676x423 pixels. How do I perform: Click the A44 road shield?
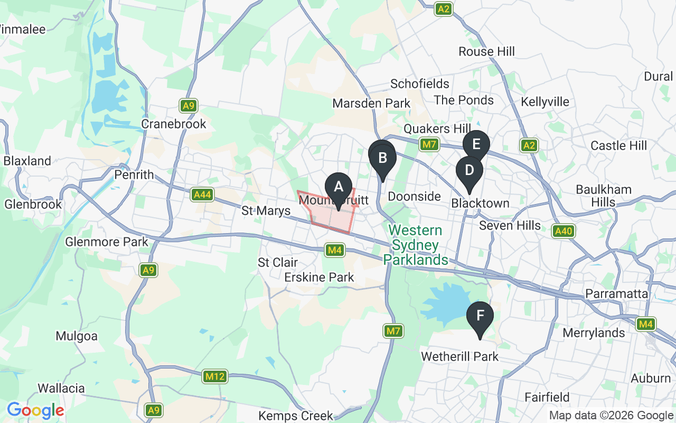[x=202, y=195]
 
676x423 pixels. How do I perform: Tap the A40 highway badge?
[x=564, y=231]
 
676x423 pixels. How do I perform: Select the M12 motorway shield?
[x=215, y=377]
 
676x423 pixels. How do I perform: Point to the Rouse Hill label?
[x=486, y=52]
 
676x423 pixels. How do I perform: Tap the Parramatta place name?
[x=616, y=293]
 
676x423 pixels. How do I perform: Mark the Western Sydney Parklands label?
[x=416, y=245]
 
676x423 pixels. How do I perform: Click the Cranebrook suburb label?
[x=174, y=124]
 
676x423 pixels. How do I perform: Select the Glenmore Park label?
[x=107, y=242]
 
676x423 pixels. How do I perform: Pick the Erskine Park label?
[x=319, y=277]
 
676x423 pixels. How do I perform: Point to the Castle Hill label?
[x=618, y=145]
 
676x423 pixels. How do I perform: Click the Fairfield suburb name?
[x=547, y=397]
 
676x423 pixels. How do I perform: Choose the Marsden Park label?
[x=371, y=103]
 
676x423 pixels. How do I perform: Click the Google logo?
[x=35, y=410]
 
